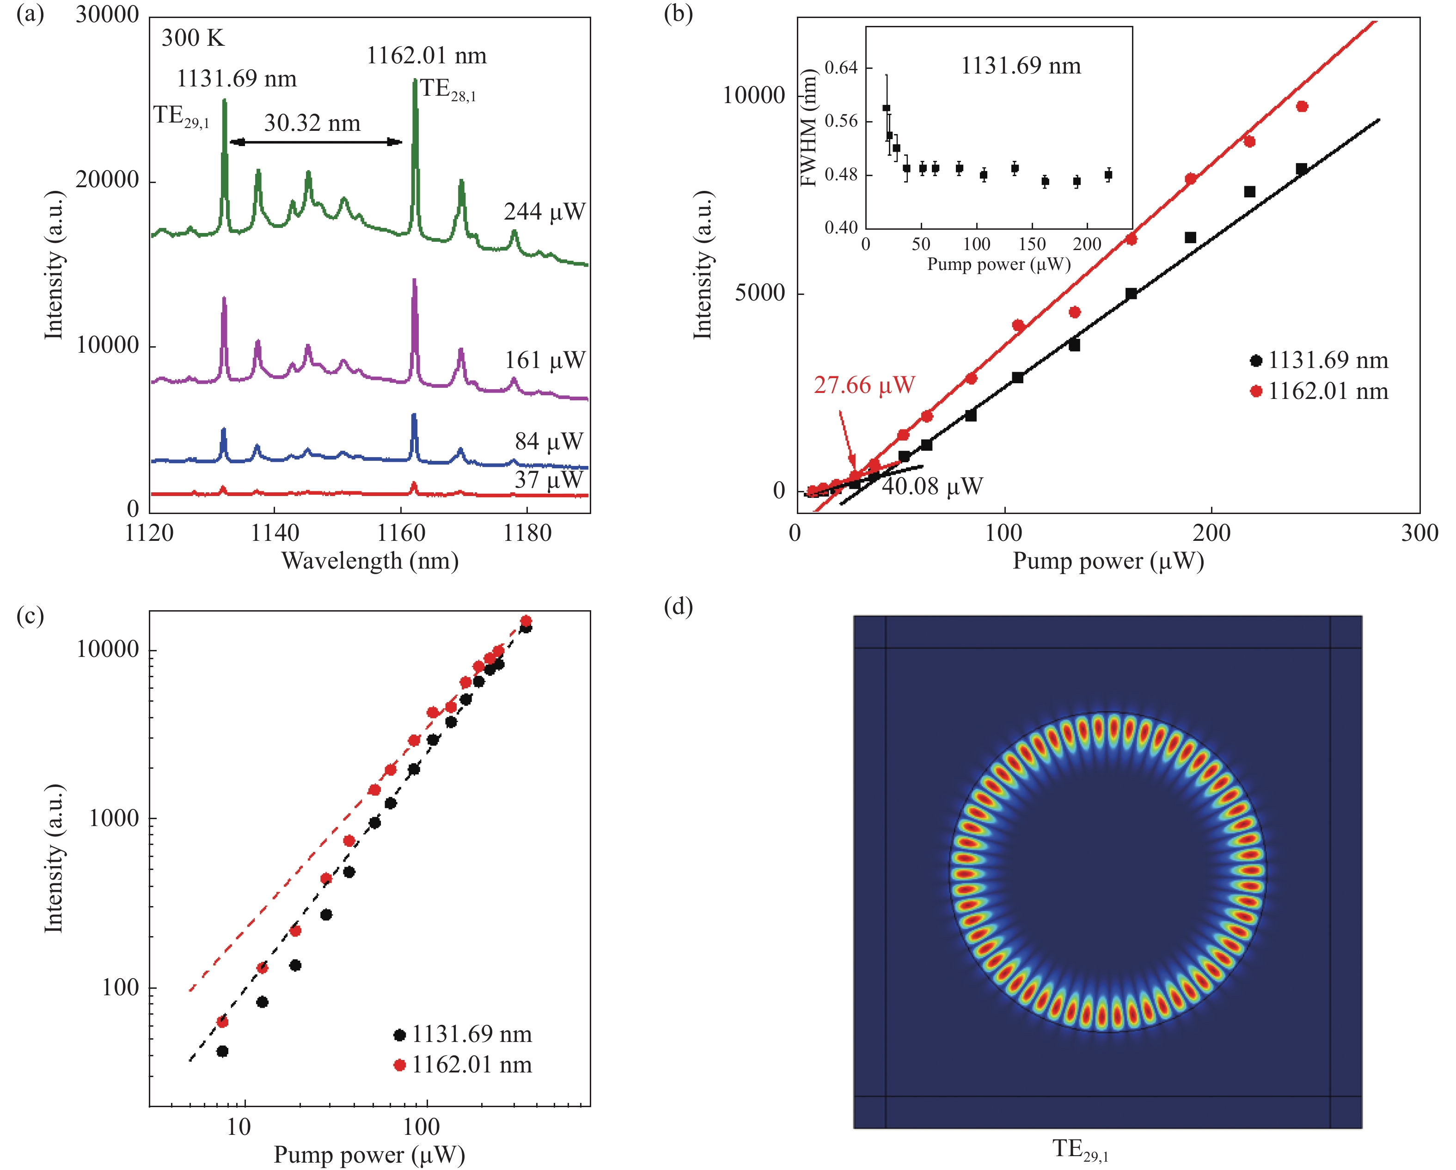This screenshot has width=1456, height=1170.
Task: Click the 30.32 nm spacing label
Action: click(312, 123)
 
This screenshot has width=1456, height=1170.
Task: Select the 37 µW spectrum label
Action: click(548, 480)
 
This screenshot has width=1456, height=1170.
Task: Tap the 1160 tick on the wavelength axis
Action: click(401, 533)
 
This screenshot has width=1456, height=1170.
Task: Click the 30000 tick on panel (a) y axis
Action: click(107, 15)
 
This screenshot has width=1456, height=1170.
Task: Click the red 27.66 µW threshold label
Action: click(864, 385)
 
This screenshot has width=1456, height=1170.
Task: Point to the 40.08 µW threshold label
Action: click(932, 486)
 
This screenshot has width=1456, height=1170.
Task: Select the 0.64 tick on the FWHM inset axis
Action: click(841, 67)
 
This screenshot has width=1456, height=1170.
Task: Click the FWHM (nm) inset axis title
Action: click(808, 129)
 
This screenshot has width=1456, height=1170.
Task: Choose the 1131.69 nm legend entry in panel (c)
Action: click(463, 1034)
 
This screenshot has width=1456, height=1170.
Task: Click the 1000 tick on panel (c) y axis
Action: click(114, 819)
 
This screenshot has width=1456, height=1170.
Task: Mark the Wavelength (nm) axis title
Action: click(370, 561)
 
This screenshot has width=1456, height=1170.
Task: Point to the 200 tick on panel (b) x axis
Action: click(1211, 533)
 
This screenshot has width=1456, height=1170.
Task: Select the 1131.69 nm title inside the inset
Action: click(1021, 66)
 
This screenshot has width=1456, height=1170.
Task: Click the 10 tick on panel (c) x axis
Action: click(239, 1127)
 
